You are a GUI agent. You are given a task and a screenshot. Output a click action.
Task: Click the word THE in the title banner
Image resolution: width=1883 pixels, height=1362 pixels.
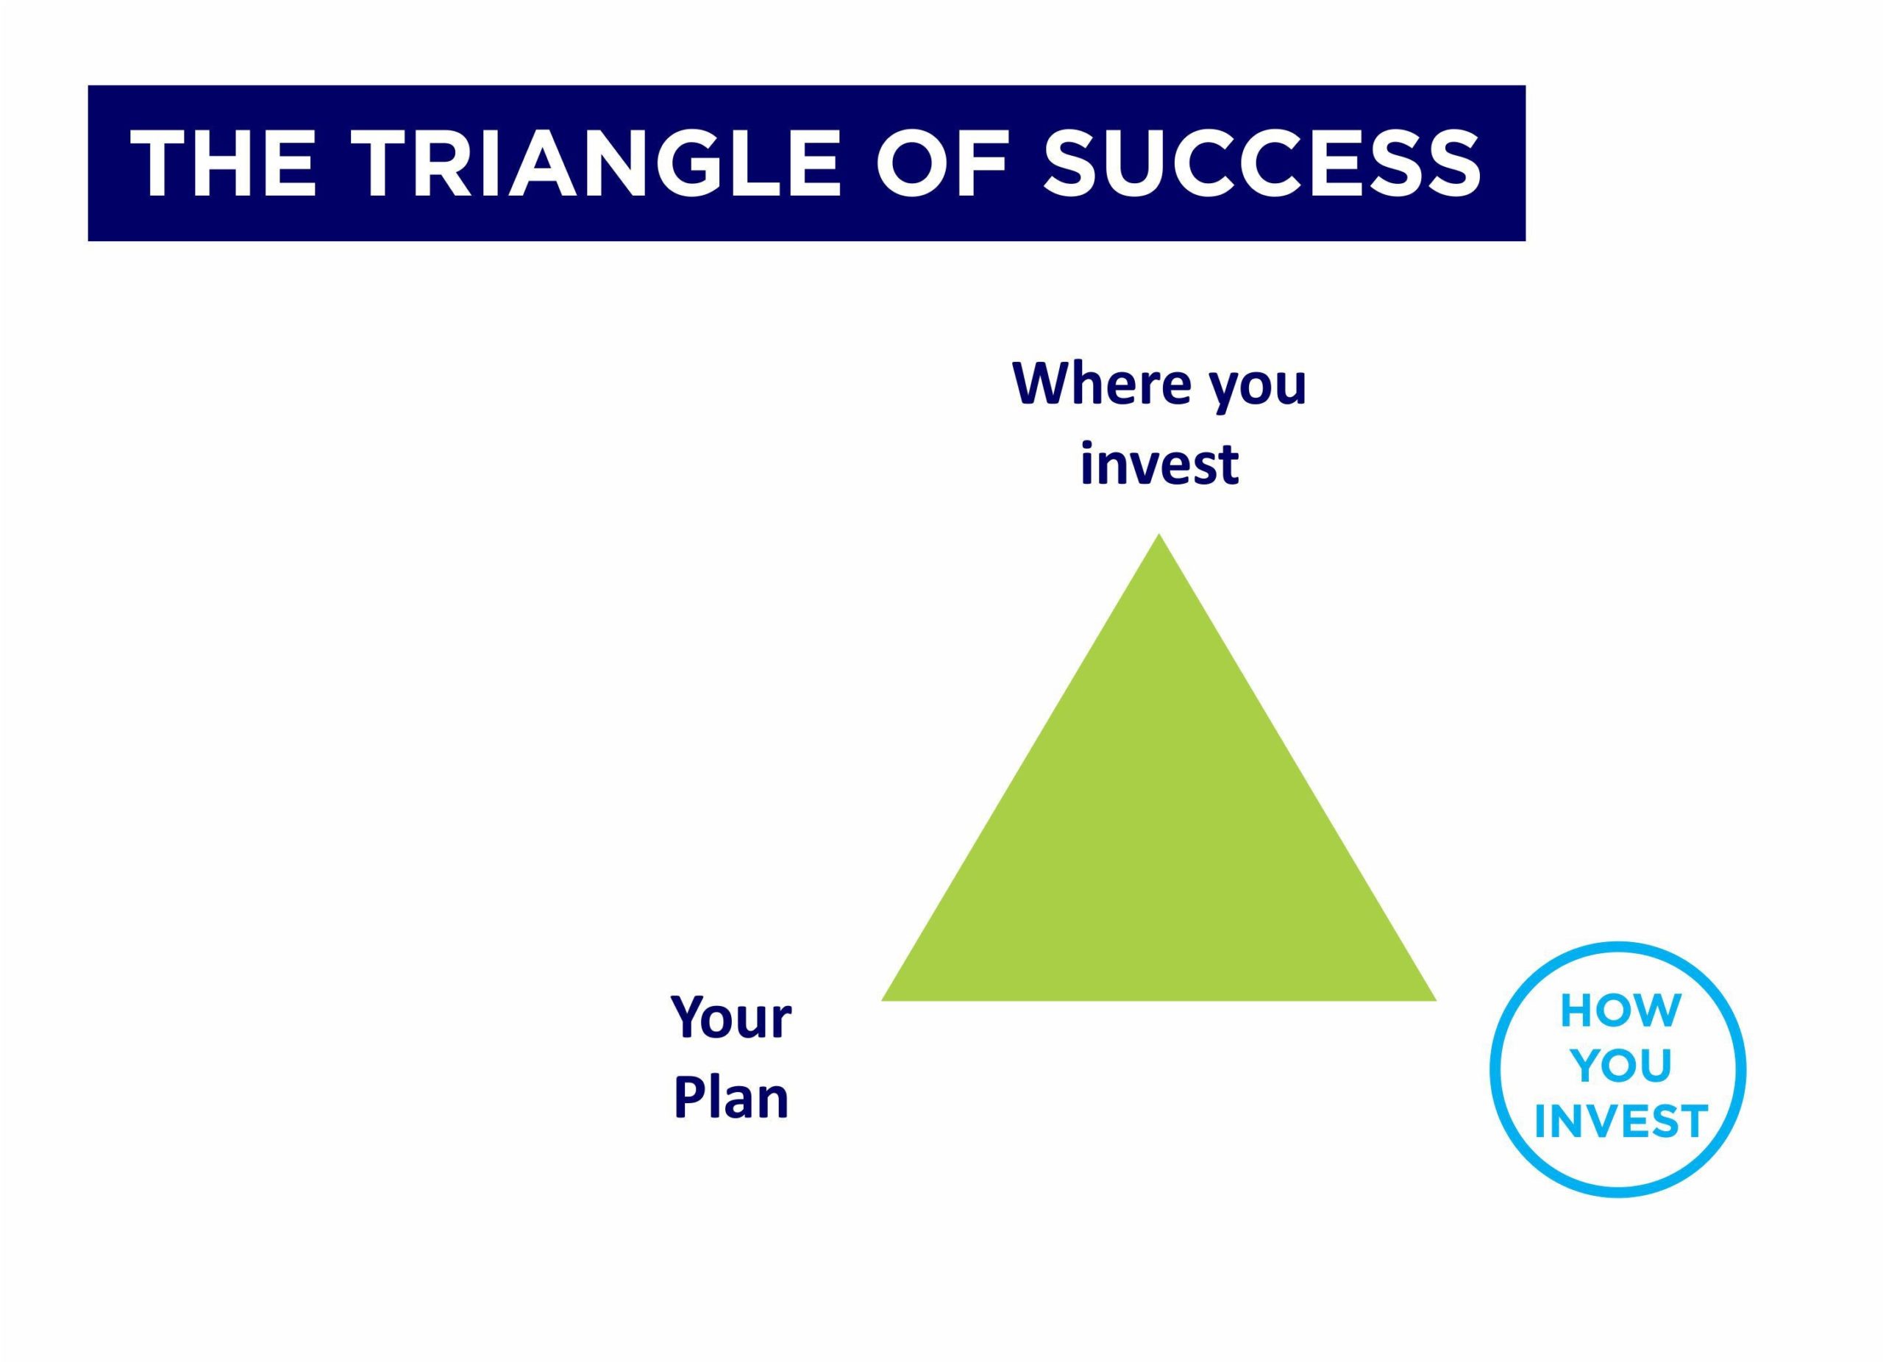[x=224, y=163]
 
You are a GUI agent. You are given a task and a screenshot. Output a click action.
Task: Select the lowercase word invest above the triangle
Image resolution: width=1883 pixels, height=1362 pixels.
[x=1159, y=463]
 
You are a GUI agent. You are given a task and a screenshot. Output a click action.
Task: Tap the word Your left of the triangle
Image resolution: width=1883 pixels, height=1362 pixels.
[x=730, y=1018]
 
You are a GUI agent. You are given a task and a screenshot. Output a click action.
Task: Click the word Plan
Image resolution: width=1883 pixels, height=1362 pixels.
[x=730, y=1097]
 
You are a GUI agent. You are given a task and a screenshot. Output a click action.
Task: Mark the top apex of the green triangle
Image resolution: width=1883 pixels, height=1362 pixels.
[x=1159, y=534]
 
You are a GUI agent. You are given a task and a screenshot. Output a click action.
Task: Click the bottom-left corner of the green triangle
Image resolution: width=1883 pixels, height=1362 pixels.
[x=882, y=1000]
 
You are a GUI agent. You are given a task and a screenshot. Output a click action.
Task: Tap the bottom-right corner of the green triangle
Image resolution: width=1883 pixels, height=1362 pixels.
[x=1437, y=1000]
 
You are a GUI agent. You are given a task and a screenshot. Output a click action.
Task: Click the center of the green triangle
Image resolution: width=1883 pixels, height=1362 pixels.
[x=1159, y=845]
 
